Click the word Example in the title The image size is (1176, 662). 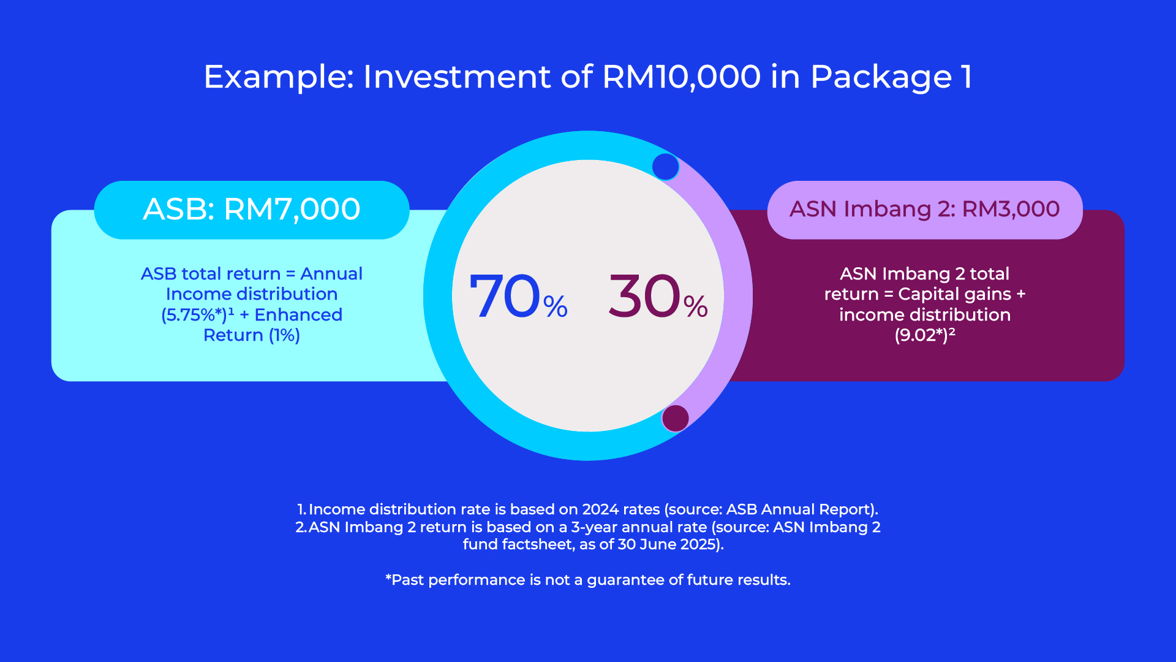point(279,77)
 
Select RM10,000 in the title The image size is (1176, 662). point(681,77)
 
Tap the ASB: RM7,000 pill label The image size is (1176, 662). point(252,210)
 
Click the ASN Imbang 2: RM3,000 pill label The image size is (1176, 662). point(924,210)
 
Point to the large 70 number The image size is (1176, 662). point(505,297)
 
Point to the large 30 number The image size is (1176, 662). point(644,297)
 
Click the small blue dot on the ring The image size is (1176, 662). point(665,167)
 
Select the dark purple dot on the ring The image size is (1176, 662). point(675,419)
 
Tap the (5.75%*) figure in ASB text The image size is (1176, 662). point(194,315)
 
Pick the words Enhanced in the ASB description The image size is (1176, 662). point(298,315)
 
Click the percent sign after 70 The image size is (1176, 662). point(555,306)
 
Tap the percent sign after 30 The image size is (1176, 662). point(695,306)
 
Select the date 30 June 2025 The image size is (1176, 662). point(666,544)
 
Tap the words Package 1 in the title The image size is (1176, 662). point(891,77)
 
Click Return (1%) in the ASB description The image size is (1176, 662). point(252,335)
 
